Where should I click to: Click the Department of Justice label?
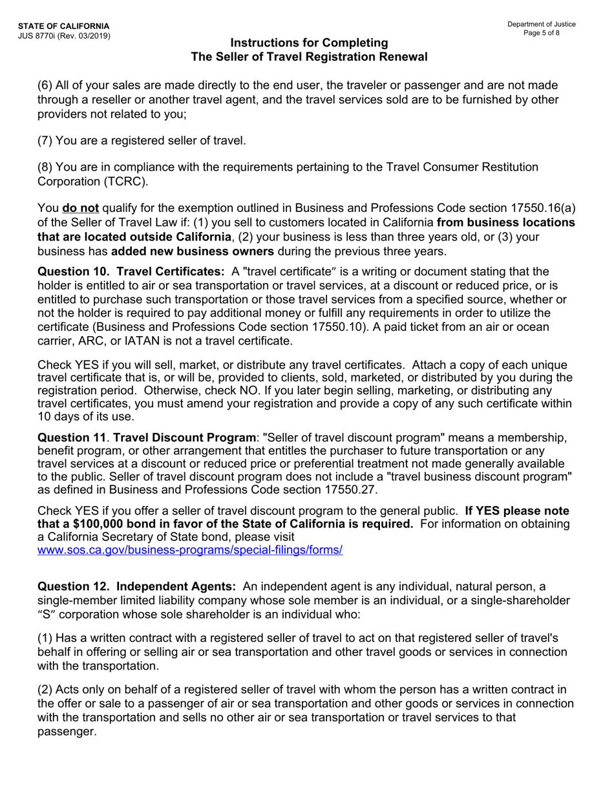coord(541,25)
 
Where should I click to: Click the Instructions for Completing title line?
coord(309,43)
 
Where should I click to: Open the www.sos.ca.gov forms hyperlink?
coord(190,550)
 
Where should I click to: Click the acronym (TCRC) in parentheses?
coord(125,181)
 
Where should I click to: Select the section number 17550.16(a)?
coord(547,208)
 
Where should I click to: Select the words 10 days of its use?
coord(77,416)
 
